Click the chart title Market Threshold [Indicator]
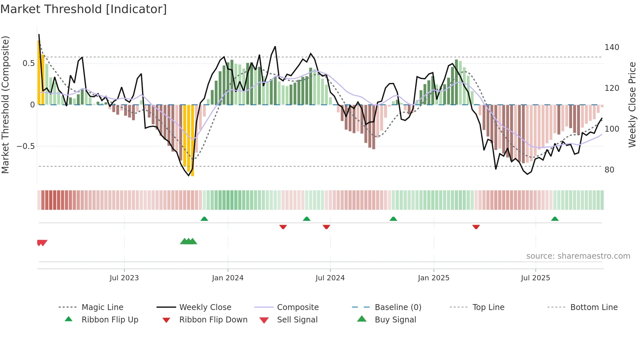point(84,9)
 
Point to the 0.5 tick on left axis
point(29,63)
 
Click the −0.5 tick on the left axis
point(26,146)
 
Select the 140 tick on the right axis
point(612,47)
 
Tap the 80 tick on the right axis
point(609,170)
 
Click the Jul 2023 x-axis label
point(124,278)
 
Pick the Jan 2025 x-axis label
point(433,278)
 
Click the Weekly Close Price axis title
point(632,105)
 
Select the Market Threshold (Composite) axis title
point(5,105)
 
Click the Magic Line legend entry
point(102,307)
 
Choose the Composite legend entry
point(297,307)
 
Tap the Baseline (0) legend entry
point(398,307)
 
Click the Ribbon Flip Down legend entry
point(213,320)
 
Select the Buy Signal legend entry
point(395,320)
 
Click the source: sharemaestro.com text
point(578,256)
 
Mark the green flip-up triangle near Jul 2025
point(555,219)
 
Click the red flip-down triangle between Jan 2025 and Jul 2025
point(476,227)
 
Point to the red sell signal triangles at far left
point(42,243)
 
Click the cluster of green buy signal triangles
point(188,241)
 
